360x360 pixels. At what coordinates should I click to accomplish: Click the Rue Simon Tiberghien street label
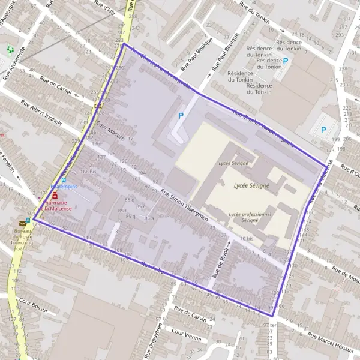point(185,205)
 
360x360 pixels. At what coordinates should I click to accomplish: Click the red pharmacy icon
point(55,195)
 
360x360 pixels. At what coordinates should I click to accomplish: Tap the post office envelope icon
point(23,223)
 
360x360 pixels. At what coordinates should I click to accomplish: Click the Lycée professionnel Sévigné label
point(251,216)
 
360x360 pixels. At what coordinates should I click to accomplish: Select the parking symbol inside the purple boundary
point(181,115)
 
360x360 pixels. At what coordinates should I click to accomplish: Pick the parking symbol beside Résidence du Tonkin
point(286,61)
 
